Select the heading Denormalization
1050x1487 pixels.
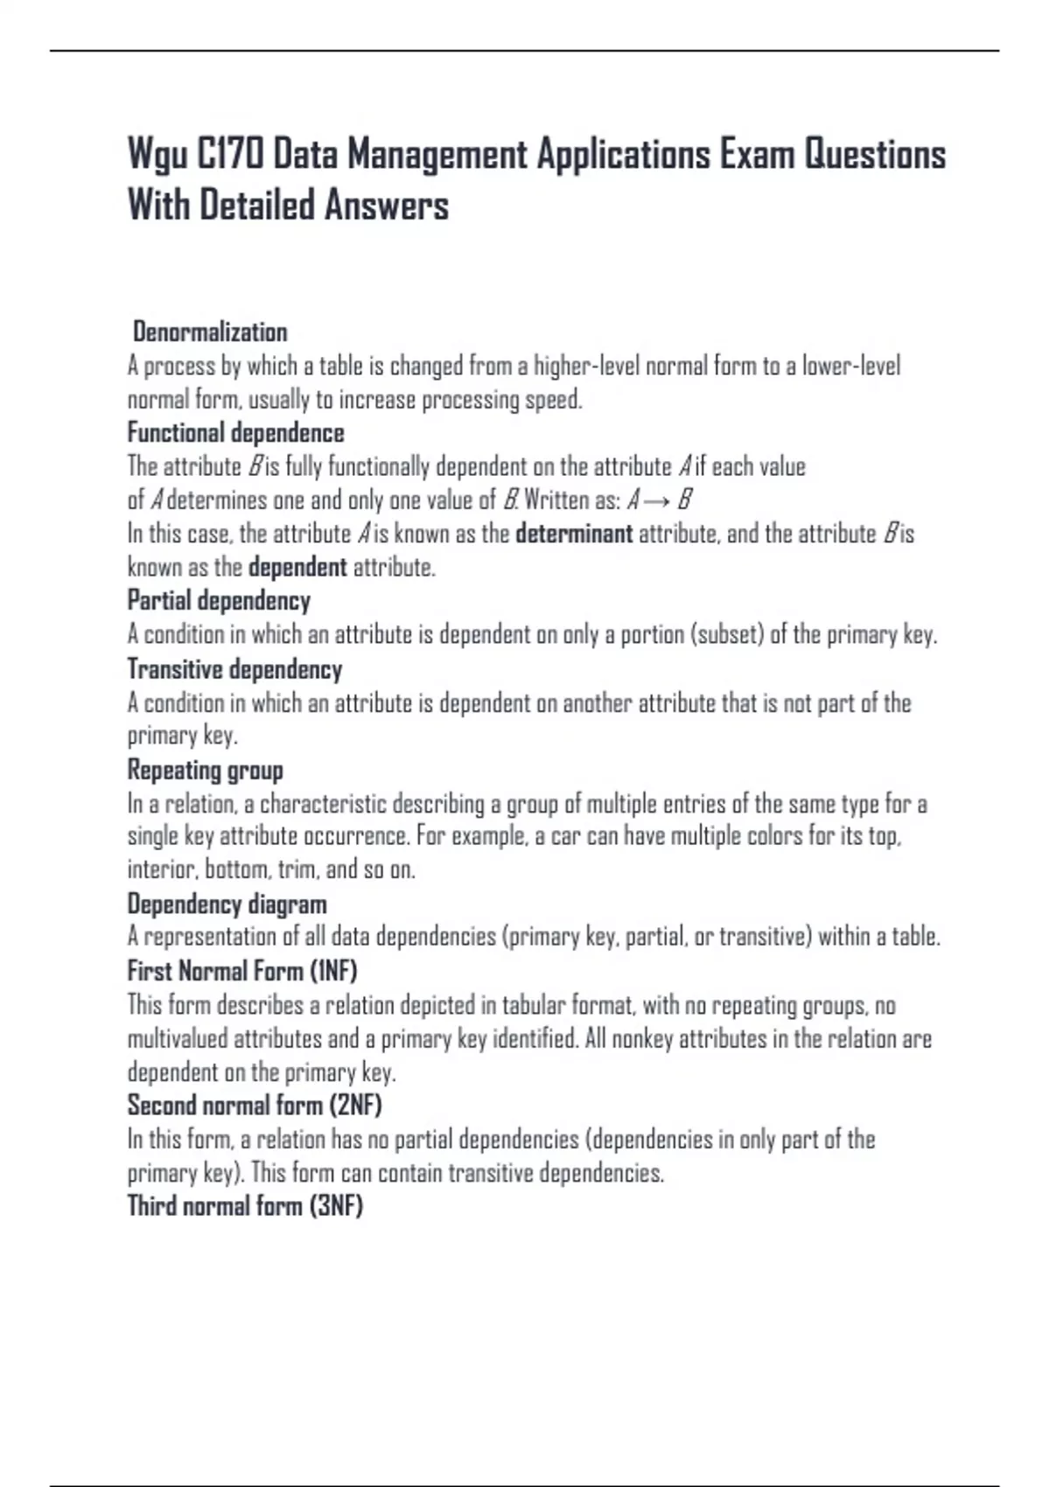click(210, 332)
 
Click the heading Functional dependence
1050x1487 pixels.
click(236, 433)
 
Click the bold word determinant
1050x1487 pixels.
click(574, 534)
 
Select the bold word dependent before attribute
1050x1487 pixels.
click(297, 568)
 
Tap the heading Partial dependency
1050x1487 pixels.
click(219, 601)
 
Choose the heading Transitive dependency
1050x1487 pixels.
click(234, 669)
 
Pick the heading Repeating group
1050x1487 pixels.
click(206, 771)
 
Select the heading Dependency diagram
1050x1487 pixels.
click(227, 904)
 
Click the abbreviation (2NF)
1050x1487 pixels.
click(355, 1106)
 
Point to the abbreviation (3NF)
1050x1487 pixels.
click(336, 1206)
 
